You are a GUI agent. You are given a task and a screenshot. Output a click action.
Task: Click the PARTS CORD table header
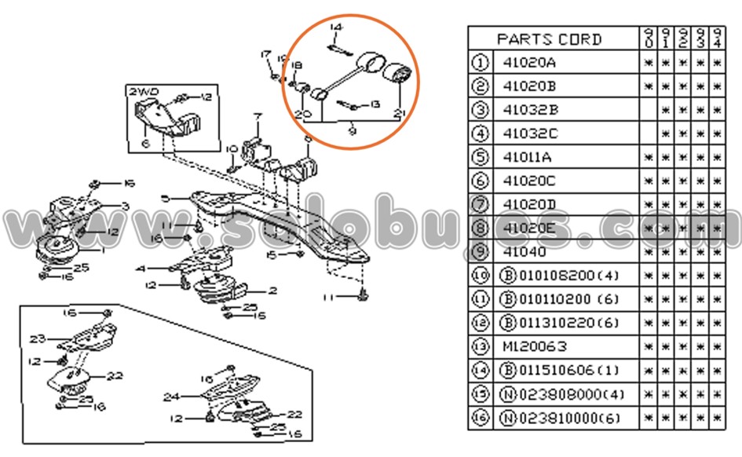[x=549, y=38]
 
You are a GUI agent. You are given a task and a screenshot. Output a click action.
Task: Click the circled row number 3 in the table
[x=480, y=110]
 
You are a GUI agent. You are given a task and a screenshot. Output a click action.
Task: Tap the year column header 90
[x=649, y=38]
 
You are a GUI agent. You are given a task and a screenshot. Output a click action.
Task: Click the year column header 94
[x=717, y=38]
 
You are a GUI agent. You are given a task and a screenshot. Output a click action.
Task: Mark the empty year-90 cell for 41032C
[x=649, y=133]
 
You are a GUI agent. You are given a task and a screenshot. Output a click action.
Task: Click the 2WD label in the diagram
[x=143, y=92]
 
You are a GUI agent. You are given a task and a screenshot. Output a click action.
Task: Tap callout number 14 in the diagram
[x=336, y=28]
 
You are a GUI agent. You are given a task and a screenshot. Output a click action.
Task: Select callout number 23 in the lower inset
[x=38, y=339]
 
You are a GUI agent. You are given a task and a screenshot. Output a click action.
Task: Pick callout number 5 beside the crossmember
[x=164, y=199]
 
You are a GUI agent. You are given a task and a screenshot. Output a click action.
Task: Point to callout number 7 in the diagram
[x=255, y=117]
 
